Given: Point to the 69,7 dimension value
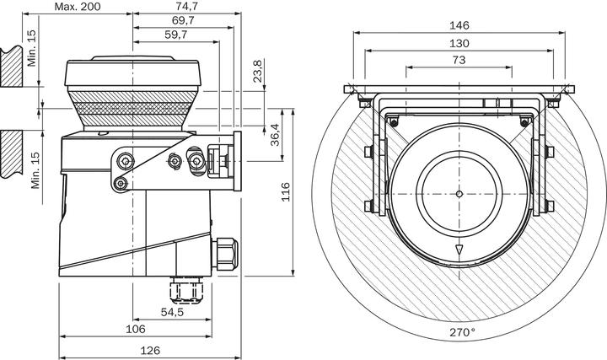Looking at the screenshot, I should (x=183, y=19).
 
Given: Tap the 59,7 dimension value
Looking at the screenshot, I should (x=176, y=34).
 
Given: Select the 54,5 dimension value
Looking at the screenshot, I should (x=173, y=312).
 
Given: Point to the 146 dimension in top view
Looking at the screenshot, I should (x=459, y=25).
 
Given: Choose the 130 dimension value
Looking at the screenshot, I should (x=459, y=42).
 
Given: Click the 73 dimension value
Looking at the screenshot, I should (x=459, y=60).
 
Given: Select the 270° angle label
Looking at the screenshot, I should (x=461, y=332).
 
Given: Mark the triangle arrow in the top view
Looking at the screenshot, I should (x=459, y=250).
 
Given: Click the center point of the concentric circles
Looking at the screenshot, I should (x=459, y=194).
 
